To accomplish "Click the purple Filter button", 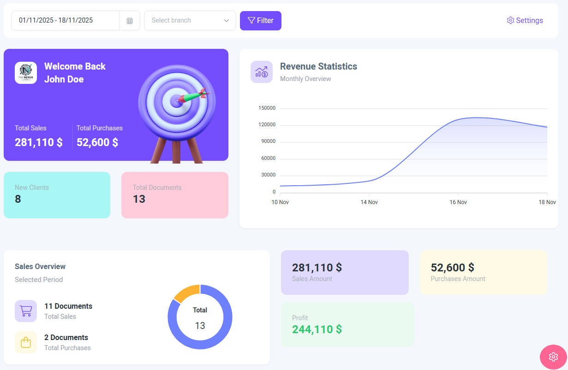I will (260, 21).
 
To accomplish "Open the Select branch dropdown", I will (190, 21).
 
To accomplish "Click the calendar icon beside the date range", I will (130, 21).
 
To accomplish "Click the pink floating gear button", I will (553, 357).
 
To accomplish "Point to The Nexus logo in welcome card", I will (26, 73).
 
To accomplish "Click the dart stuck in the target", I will (193, 96).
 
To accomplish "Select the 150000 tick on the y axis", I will (267, 108).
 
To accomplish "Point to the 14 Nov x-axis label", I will (369, 202).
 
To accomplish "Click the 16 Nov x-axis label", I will (458, 202).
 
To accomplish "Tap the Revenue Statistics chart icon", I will (262, 72).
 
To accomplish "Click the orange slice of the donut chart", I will (186, 293).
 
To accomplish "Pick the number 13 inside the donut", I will (200, 326).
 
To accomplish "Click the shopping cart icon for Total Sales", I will (26, 311).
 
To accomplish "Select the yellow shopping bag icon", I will (26, 342).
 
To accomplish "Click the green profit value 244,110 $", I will (317, 329).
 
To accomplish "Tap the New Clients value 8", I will (18, 199).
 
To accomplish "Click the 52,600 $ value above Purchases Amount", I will (452, 268).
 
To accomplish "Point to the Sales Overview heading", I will (40, 266).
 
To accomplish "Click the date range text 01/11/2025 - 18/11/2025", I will (56, 20).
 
